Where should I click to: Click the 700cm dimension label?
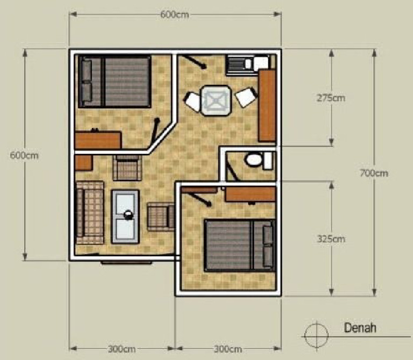[x=374, y=173]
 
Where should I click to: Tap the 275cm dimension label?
[x=331, y=98]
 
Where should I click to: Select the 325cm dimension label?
[x=331, y=239]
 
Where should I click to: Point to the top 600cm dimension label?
[x=174, y=15]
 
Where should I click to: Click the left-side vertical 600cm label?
[x=24, y=155]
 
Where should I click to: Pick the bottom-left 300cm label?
[x=122, y=349]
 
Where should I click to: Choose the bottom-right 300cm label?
[x=228, y=349]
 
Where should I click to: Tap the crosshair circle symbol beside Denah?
[x=315, y=335]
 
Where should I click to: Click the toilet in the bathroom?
[x=253, y=160]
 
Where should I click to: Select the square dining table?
[x=216, y=100]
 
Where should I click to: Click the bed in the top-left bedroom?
[x=116, y=81]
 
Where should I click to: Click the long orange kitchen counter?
[x=267, y=105]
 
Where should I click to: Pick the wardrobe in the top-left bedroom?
[x=97, y=140]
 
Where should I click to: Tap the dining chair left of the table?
[x=193, y=101]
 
